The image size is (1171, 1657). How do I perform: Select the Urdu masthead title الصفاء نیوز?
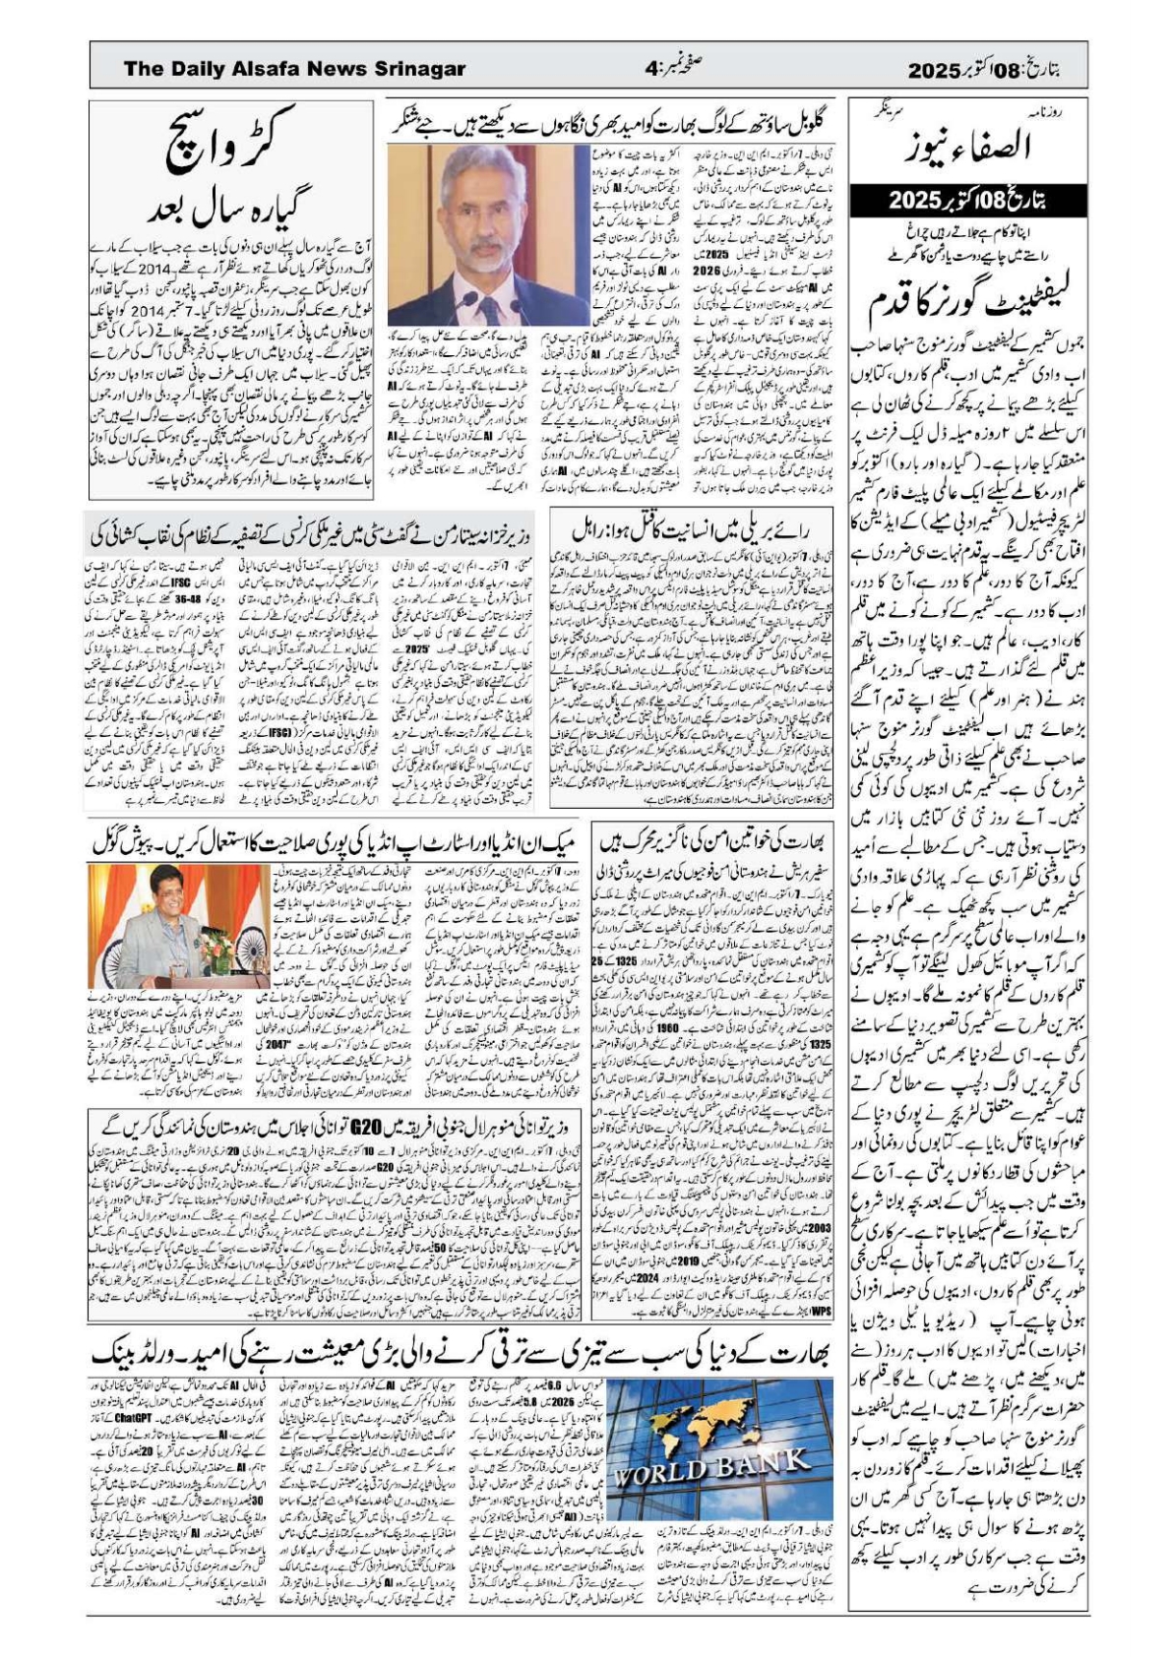(968, 148)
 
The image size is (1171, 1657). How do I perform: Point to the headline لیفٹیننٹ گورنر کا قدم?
(969, 303)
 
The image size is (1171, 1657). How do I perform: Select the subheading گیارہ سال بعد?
(231, 208)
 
